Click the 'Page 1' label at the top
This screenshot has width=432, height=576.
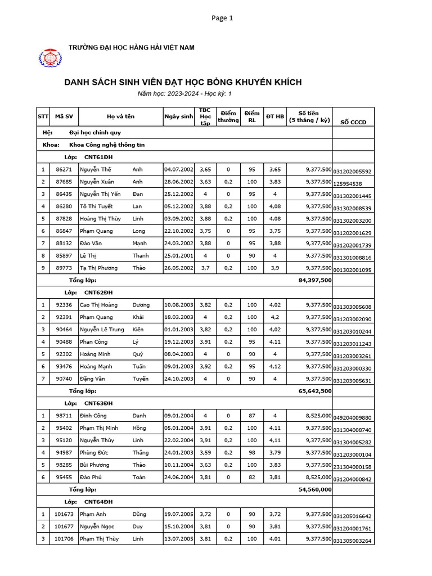tap(222, 18)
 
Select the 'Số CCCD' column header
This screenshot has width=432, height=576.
tap(353, 122)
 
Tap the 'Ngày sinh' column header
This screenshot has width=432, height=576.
tap(178, 116)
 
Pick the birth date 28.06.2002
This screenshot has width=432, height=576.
tap(178, 182)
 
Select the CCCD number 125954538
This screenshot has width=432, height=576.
tap(348, 184)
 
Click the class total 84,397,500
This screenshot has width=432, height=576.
tap(314, 280)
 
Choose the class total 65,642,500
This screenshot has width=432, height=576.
tap(314, 391)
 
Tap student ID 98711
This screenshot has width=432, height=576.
tap(64, 416)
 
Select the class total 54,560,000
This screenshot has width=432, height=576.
tap(314, 489)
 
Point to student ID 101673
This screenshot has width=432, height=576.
tap(64, 514)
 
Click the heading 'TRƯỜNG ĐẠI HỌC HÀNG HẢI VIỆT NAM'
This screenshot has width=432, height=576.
tap(131, 48)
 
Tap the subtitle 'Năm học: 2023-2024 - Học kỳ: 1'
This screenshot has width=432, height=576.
tap(184, 94)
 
